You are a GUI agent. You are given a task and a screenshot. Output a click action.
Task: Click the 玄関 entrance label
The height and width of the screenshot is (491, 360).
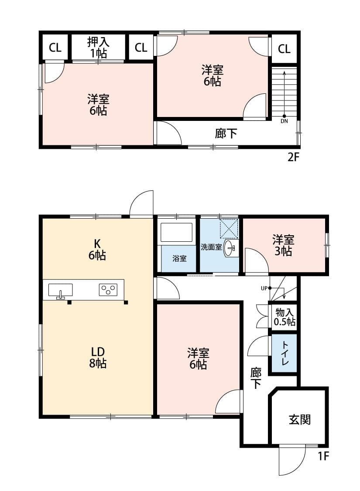tap(299, 420)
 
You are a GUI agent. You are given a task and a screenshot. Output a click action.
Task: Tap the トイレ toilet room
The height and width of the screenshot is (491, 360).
tap(284, 354)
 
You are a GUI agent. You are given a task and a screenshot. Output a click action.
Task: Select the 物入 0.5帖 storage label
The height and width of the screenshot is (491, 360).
tap(285, 317)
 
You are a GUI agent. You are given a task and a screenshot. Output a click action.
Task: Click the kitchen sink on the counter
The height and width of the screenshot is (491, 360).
tap(60, 290)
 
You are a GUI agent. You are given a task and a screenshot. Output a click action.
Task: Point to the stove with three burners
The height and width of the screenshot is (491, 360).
tap(108, 289)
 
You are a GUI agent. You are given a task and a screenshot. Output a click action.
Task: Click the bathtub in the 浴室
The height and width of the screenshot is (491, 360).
tap(176, 232)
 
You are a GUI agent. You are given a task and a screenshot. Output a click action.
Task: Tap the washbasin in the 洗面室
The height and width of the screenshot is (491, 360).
tap(230, 248)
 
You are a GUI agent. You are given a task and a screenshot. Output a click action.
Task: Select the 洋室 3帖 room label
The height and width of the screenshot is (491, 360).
tap(283, 245)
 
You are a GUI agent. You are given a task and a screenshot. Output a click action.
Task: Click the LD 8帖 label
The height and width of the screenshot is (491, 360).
tap(98, 357)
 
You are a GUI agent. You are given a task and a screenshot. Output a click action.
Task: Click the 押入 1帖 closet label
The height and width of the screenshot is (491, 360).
tap(98, 47)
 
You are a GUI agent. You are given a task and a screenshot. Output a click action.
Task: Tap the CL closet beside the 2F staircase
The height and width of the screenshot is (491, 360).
tap(284, 48)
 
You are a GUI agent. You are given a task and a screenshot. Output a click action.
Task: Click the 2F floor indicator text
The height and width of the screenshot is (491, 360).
tap(293, 158)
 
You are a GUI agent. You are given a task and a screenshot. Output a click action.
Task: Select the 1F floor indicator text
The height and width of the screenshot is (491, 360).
tap(323, 457)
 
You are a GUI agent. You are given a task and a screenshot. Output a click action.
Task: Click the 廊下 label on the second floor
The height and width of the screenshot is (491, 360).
tap(226, 133)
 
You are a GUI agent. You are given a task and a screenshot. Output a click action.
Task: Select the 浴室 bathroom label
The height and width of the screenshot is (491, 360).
tap(179, 258)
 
